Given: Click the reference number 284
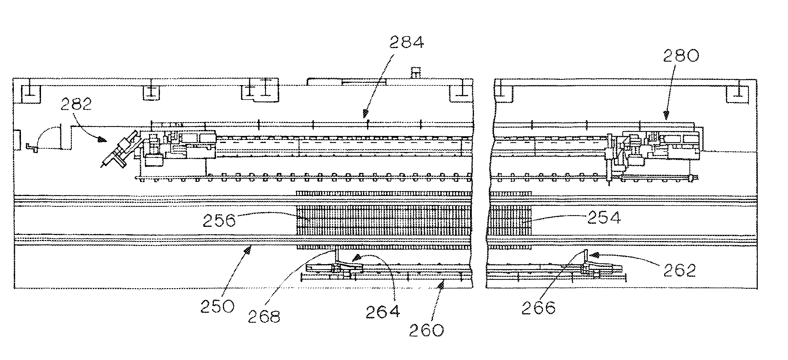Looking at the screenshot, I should pos(406,43).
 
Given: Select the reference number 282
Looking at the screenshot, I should pos(76,105).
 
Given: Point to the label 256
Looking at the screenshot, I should pos(219,221).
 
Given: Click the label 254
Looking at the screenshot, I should pos(604,218).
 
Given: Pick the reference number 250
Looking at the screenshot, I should pos(218,306).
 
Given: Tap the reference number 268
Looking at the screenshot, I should pos(264,317).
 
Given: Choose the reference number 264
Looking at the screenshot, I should pos(383,312).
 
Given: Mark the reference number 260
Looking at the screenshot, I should pos(426,330).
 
